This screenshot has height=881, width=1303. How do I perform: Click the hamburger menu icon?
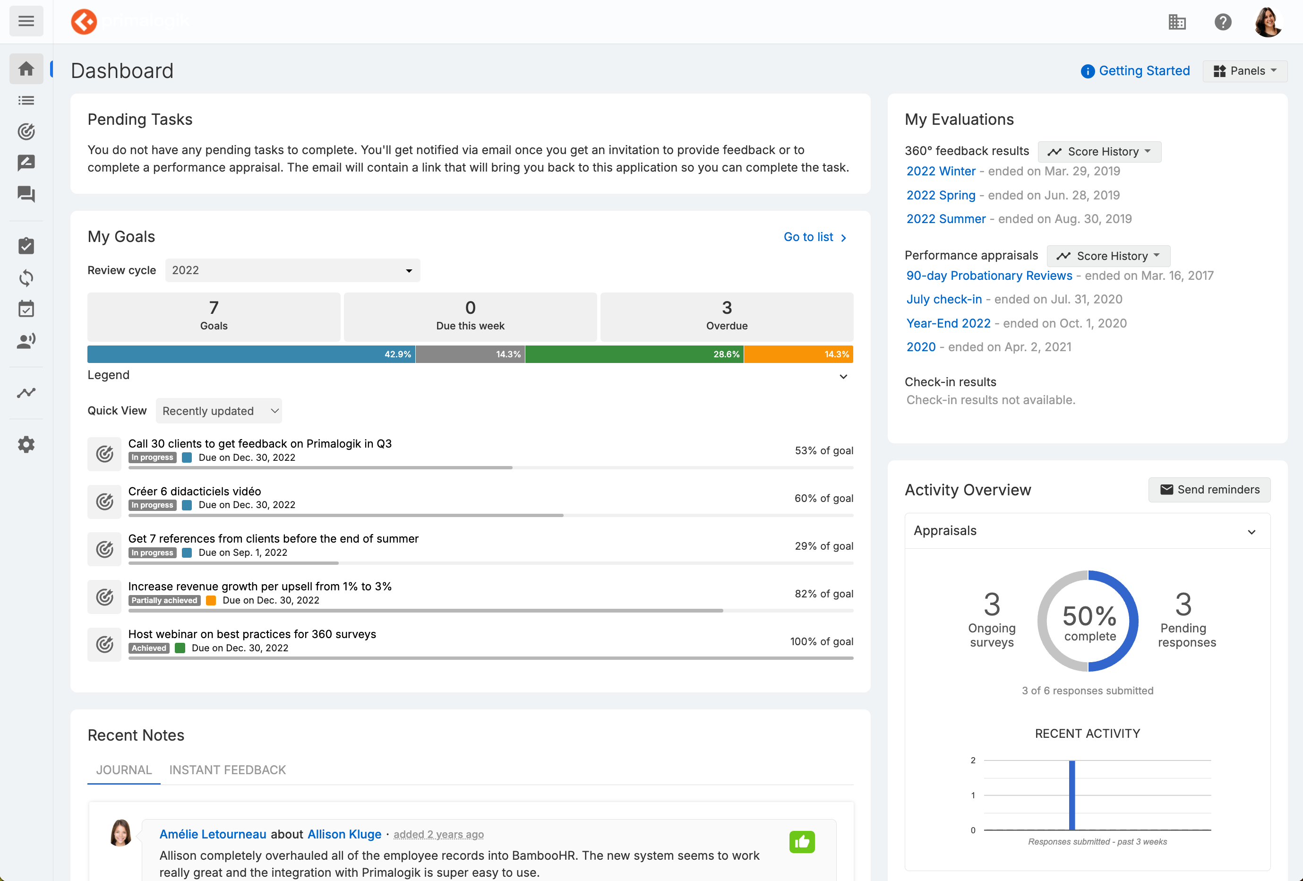26,21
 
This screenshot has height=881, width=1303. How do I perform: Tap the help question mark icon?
1222,22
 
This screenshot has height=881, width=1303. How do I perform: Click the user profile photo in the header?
1268,22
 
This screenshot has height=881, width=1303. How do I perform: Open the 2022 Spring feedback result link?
940,195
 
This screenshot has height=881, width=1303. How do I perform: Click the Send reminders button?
1209,490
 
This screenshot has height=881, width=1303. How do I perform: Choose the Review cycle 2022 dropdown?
292,270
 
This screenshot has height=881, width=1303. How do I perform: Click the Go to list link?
814,237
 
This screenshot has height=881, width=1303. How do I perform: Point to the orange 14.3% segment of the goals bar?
798,354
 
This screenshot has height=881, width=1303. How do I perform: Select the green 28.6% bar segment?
634,354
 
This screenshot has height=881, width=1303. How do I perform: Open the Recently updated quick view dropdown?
219,411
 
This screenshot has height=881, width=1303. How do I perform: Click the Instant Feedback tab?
227,770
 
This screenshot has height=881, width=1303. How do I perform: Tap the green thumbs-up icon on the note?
802,842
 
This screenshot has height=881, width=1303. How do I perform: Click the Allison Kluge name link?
344,835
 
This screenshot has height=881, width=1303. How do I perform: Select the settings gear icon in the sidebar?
26,445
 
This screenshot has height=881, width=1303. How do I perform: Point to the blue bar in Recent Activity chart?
1072,795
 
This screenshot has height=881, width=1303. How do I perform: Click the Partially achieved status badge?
164,601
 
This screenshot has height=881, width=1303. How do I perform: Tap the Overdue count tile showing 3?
727,316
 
